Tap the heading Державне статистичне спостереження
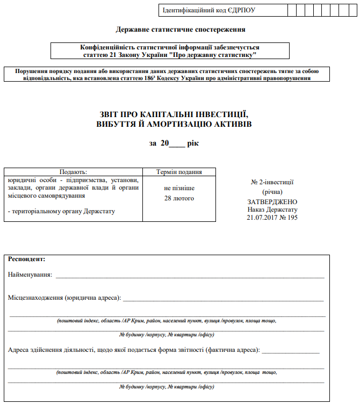pyautogui.click(x=181, y=30)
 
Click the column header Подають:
pyautogui.click(x=73, y=172)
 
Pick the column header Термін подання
pyautogui.click(x=179, y=172)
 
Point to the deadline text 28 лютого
pyautogui.click(x=179, y=198)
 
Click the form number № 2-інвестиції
pyautogui.click(x=272, y=183)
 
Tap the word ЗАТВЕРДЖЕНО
pyautogui.click(x=272, y=201)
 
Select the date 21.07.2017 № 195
pyautogui.click(x=272, y=218)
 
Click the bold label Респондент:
pyautogui.click(x=27, y=259)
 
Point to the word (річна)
pyautogui.click(x=272, y=192)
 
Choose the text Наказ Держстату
pyautogui.click(x=272, y=210)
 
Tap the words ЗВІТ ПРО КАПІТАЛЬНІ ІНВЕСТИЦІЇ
pyautogui.click(x=172, y=114)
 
